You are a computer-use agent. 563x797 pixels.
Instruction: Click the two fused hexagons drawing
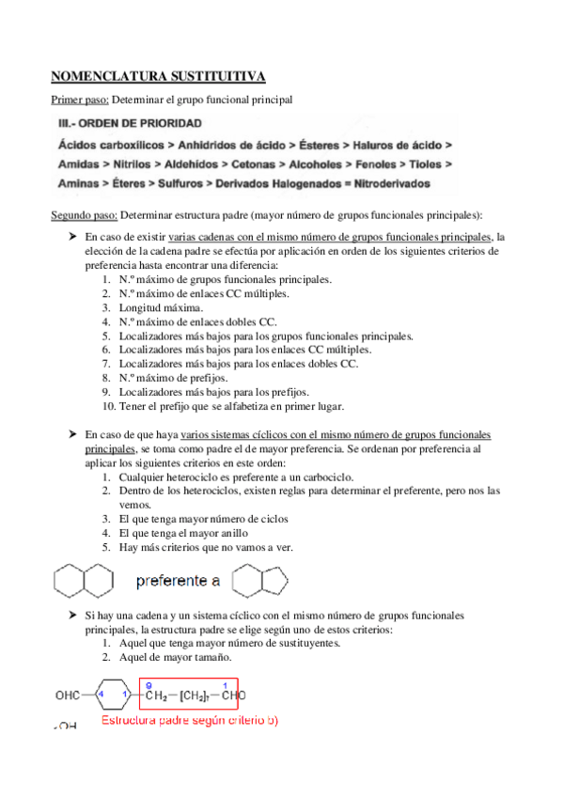point(85,581)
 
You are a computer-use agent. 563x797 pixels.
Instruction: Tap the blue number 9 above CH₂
point(149,685)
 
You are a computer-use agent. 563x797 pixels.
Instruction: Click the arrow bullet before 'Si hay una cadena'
point(72,615)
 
